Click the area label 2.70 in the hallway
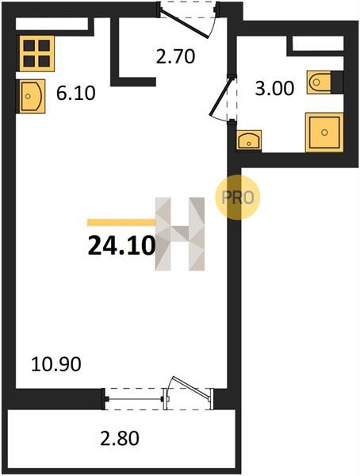pos(175,56)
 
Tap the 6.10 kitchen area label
pos(76,93)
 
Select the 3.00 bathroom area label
pos(274,89)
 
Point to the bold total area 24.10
pos(122,246)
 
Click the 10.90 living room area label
pos(56,364)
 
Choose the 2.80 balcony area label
pos(120,439)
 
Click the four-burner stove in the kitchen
pos(37,53)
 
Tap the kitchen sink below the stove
pos(33,96)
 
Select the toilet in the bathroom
pos(319,82)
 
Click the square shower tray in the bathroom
pos(324,132)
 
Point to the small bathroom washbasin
pos(249,140)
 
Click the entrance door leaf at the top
pos(184,24)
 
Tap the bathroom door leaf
pos(221,97)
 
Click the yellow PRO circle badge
pos(238,198)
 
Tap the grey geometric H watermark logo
pos(180,234)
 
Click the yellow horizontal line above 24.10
pos(121,222)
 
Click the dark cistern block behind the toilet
pos(337,82)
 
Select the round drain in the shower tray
pos(324,132)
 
